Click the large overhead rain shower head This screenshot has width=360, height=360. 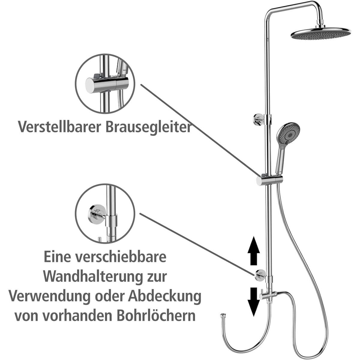321,34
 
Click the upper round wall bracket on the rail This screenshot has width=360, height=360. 258,118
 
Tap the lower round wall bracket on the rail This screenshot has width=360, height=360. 259,275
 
